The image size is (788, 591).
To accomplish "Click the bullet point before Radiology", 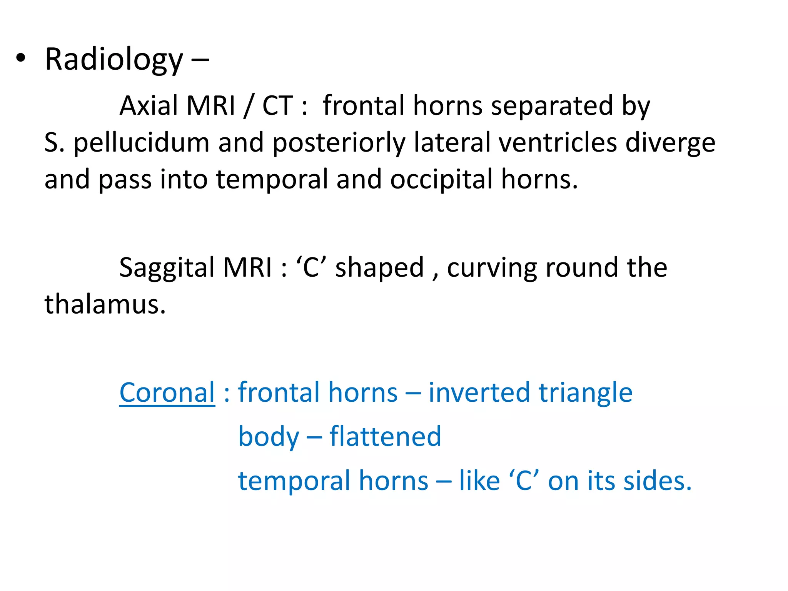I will [21, 58].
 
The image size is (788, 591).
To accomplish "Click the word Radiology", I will [114, 60].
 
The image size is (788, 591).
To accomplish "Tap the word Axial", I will [149, 105].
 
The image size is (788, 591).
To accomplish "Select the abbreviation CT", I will [277, 105].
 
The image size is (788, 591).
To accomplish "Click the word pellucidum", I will [141, 142].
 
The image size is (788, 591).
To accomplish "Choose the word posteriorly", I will [339, 142].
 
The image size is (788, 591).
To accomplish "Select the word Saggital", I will [167, 268].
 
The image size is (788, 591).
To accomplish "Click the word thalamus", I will [105, 304].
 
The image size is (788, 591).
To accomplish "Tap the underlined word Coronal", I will [167, 392].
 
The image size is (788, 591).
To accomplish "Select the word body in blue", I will [269, 437].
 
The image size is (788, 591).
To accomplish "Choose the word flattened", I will [385, 436].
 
